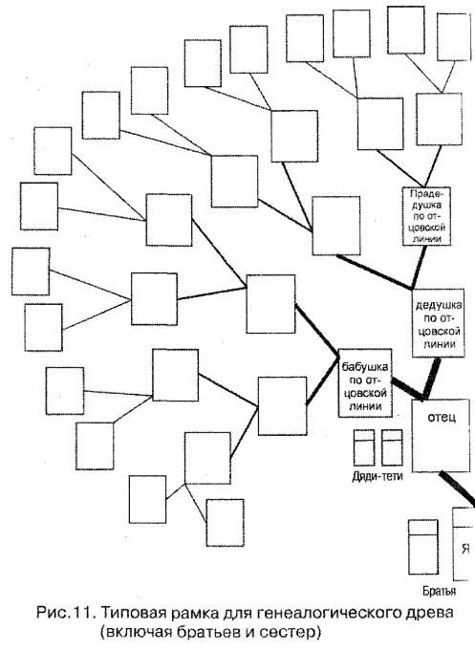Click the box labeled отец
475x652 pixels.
441,436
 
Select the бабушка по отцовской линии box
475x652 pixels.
365,383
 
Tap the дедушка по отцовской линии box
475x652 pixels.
438,323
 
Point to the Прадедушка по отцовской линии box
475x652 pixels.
427,216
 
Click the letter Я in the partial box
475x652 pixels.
465,549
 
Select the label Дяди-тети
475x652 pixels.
378,476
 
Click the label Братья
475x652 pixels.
440,591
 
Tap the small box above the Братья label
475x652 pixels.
423,547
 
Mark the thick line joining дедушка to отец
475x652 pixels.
430,379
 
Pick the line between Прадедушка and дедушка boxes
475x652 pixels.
419,268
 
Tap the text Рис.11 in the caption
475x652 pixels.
67,613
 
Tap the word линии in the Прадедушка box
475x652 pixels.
426,239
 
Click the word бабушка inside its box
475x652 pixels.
365,367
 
